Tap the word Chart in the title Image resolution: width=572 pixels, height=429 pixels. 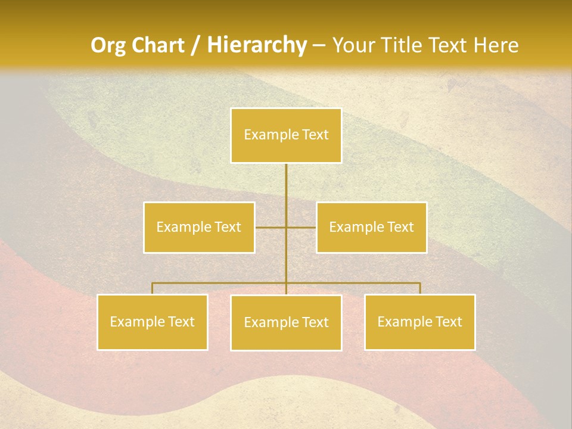pyautogui.click(x=156, y=45)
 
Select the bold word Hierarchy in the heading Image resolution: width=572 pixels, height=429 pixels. pyautogui.click(x=256, y=45)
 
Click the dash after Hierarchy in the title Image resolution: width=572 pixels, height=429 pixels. pyautogui.click(x=319, y=45)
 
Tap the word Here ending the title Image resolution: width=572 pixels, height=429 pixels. pyautogui.click(x=496, y=45)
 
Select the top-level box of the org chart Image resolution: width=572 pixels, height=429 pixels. pyautogui.click(x=286, y=135)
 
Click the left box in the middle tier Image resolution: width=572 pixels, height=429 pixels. pyautogui.click(x=199, y=227)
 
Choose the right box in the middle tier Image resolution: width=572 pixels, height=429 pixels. pyautogui.click(x=371, y=227)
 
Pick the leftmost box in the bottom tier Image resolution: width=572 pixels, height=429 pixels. pyautogui.click(x=152, y=322)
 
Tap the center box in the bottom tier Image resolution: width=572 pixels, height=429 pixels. pyautogui.click(x=286, y=322)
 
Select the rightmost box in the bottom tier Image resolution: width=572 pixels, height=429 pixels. pyautogui.click(x=419, y=322)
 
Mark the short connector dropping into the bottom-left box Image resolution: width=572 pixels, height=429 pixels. pyautogui.click(x=152, y=288)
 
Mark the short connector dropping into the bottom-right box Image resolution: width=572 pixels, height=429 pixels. pyautogui.click(x=420, y=288)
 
